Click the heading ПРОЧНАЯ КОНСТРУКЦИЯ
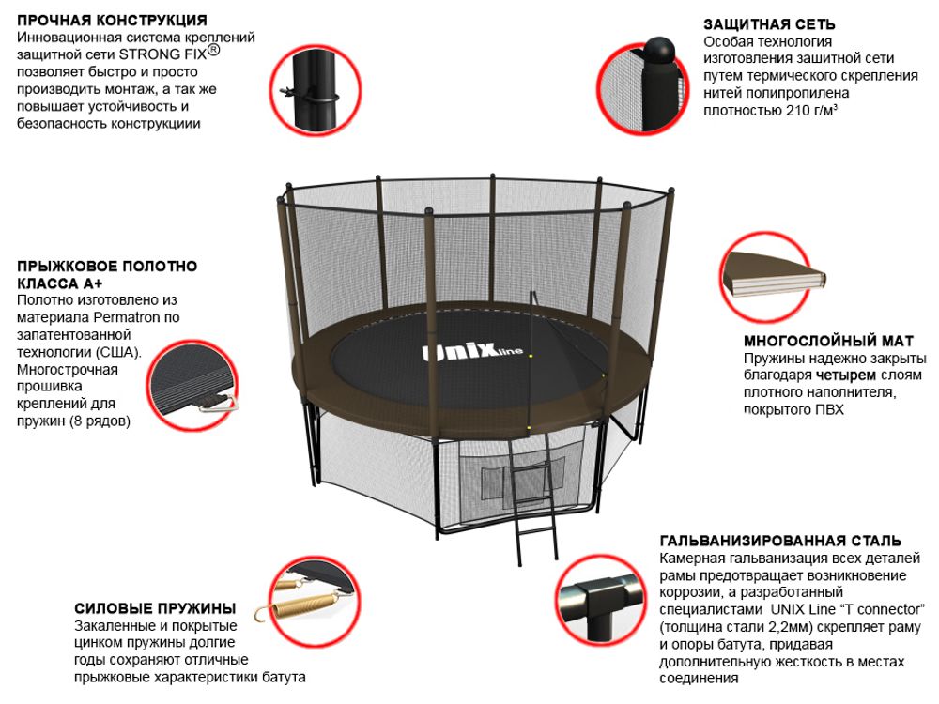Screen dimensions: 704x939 point(112,20)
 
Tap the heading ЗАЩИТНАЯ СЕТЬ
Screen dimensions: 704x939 point(769,24)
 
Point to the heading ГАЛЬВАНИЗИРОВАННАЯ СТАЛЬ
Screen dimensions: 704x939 point(780,541)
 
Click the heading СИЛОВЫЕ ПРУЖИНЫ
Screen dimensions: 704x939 point(155,608)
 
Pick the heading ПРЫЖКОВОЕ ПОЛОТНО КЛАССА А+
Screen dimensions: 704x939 point(107,274)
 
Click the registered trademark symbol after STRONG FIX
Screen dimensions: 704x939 point(213,52)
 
